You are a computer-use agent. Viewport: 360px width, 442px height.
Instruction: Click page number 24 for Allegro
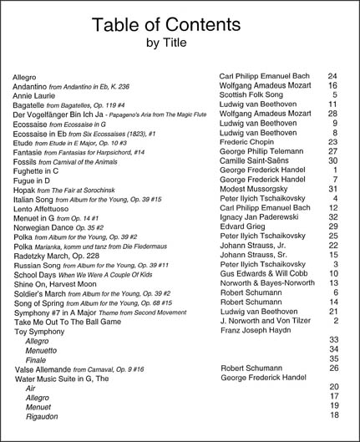[x=332, y=75]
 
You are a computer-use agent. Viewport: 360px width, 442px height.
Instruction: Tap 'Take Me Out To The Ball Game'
[x=83, y=321]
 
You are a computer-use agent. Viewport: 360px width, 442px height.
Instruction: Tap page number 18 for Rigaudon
[x=332, y=415]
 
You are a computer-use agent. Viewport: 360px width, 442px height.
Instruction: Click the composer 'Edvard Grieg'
[x=248, y=226]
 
